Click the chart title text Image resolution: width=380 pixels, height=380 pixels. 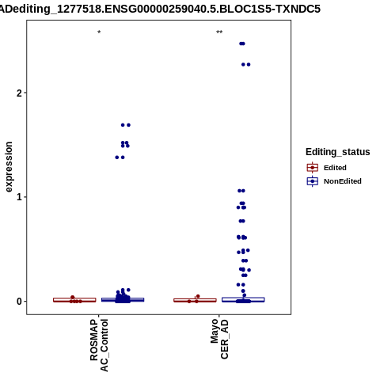[159, 9]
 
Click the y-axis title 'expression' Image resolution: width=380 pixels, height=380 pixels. [9, 167]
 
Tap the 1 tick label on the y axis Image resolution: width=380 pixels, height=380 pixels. [20, 197]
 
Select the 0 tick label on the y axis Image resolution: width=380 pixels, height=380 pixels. [20, 301]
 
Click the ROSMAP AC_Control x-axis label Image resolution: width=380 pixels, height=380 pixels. [99, 345]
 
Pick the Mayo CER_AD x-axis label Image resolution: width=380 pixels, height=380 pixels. [219, 339]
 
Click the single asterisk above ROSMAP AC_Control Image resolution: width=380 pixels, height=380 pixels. [99, 32]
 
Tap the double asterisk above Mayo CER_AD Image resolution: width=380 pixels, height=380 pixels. [219, 32]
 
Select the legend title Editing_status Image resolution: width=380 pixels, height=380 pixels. [338, 152]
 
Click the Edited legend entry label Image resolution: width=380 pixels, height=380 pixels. [335, 168]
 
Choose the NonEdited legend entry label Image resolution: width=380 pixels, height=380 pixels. [343, 181]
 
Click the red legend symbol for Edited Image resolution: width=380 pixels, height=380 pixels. [313, 168]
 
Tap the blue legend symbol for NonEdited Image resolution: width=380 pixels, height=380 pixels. [313, 181]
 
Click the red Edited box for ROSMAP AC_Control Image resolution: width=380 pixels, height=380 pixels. [74, 300]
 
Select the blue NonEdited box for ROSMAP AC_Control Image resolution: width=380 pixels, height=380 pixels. [123, 299]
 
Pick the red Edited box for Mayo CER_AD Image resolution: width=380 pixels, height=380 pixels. [195, 300]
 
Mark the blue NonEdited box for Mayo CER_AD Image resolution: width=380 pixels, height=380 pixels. [243, 299]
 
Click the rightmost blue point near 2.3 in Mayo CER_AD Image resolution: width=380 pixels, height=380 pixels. [249, 65]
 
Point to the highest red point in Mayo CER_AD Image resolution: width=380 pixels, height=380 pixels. [198, 296]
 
